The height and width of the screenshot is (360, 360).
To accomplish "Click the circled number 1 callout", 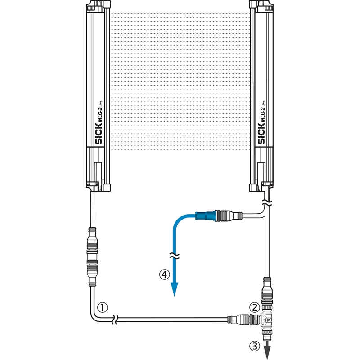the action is click(x=103, y=307).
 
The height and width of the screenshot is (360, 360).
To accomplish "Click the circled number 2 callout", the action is click(x=255, y=307).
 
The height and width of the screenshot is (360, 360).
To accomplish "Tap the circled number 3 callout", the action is click(x=255, y=346).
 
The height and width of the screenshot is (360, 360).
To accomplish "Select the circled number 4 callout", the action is click(x=164, y=274).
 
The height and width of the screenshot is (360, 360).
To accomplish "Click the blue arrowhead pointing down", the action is click(x=175, y=289).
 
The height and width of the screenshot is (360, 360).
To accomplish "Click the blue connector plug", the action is click(x=206, y=216).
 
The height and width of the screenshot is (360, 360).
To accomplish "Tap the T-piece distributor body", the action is click(x=266, y=319).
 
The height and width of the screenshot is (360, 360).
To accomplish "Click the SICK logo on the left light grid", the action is click(x=98, y=134).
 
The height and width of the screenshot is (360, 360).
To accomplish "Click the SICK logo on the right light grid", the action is click(x=261, y=134).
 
